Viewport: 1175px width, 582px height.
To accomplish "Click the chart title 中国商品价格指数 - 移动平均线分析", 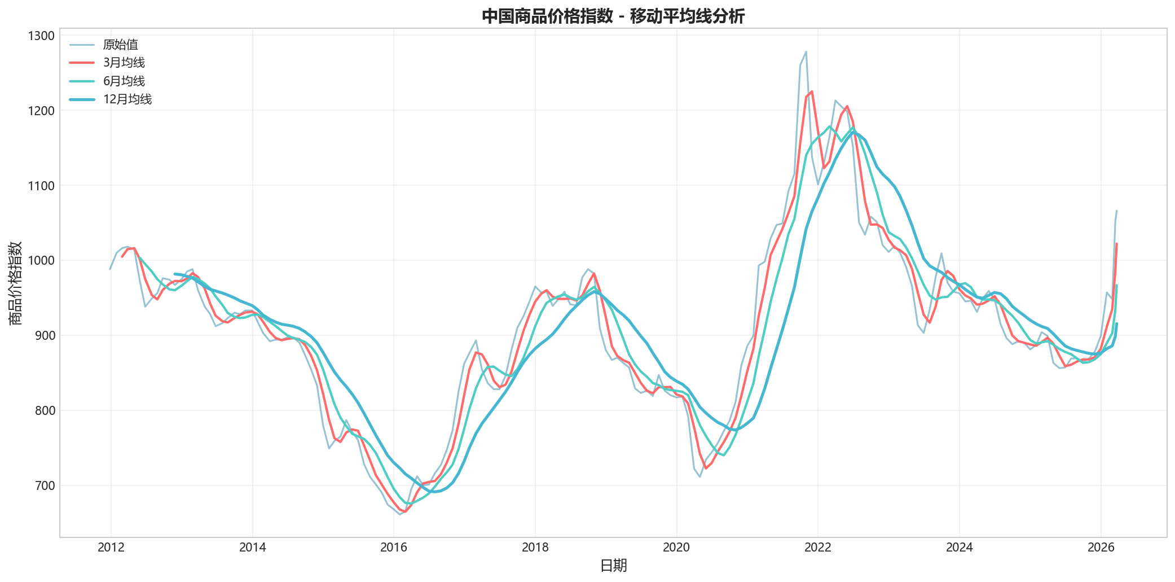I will click(613, 16).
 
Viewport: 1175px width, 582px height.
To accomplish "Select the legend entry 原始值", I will click(120, 45).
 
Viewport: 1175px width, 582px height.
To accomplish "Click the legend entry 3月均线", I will click(124, 63).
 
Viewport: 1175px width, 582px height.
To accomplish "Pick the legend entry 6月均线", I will click(124, 81).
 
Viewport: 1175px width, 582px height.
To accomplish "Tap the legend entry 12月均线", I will click(127, 99).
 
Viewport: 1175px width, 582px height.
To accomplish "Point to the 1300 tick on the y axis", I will click(41, 36).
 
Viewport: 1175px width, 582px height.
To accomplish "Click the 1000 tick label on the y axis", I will click(41, 261).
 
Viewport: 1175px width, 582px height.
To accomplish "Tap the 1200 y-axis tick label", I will click(41, 111).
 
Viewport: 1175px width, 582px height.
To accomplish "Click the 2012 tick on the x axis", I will click(111, 547).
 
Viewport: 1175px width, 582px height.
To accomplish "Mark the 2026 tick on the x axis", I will click(1101, 547).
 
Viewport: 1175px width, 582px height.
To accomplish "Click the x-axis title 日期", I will click(613, 566).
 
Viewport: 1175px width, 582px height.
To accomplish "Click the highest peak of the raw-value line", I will click(806, 51).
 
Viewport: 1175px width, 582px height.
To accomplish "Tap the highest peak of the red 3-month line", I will click(812, 91).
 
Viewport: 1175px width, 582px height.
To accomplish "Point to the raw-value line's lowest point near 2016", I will click(399, 514).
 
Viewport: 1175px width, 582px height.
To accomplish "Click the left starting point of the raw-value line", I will click(111, 269).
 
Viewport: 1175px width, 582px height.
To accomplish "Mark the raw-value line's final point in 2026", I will click(1116, 211).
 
